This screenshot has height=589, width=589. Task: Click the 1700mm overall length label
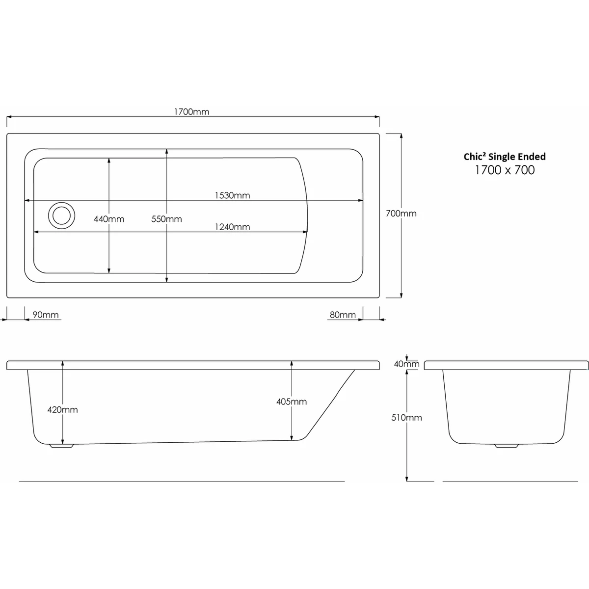click(x=191, y=111)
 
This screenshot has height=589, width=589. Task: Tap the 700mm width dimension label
click(x=401, y=214)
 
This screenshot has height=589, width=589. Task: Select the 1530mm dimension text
click(x=232, y=195)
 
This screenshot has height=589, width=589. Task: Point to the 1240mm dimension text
click(x=232, y=227)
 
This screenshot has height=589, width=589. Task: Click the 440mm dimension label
click(x=109, y=219)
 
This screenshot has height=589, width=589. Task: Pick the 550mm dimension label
click(x=167, y=219)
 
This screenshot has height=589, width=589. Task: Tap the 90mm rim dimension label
click(x=45, y=315)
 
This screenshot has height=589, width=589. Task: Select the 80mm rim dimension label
click(x=342, y=315)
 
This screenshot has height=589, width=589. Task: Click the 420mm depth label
click(x=63, y=409)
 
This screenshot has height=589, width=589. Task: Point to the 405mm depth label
click(x=292, y=402)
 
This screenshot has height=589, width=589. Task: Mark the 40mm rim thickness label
click(x=407, y=364)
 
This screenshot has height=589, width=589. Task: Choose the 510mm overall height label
click(x=407, y=418)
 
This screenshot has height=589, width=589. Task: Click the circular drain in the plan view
click(x=61, y=215)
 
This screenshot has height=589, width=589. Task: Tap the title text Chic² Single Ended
click(x=505, y=157)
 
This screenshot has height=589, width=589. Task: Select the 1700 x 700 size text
click(x=505, y=170)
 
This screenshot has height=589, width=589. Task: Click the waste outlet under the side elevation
click(x=61, y=446)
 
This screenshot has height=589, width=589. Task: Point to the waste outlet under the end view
click(x=506, y=446)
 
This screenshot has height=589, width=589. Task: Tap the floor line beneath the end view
click(x=515, y=482)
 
